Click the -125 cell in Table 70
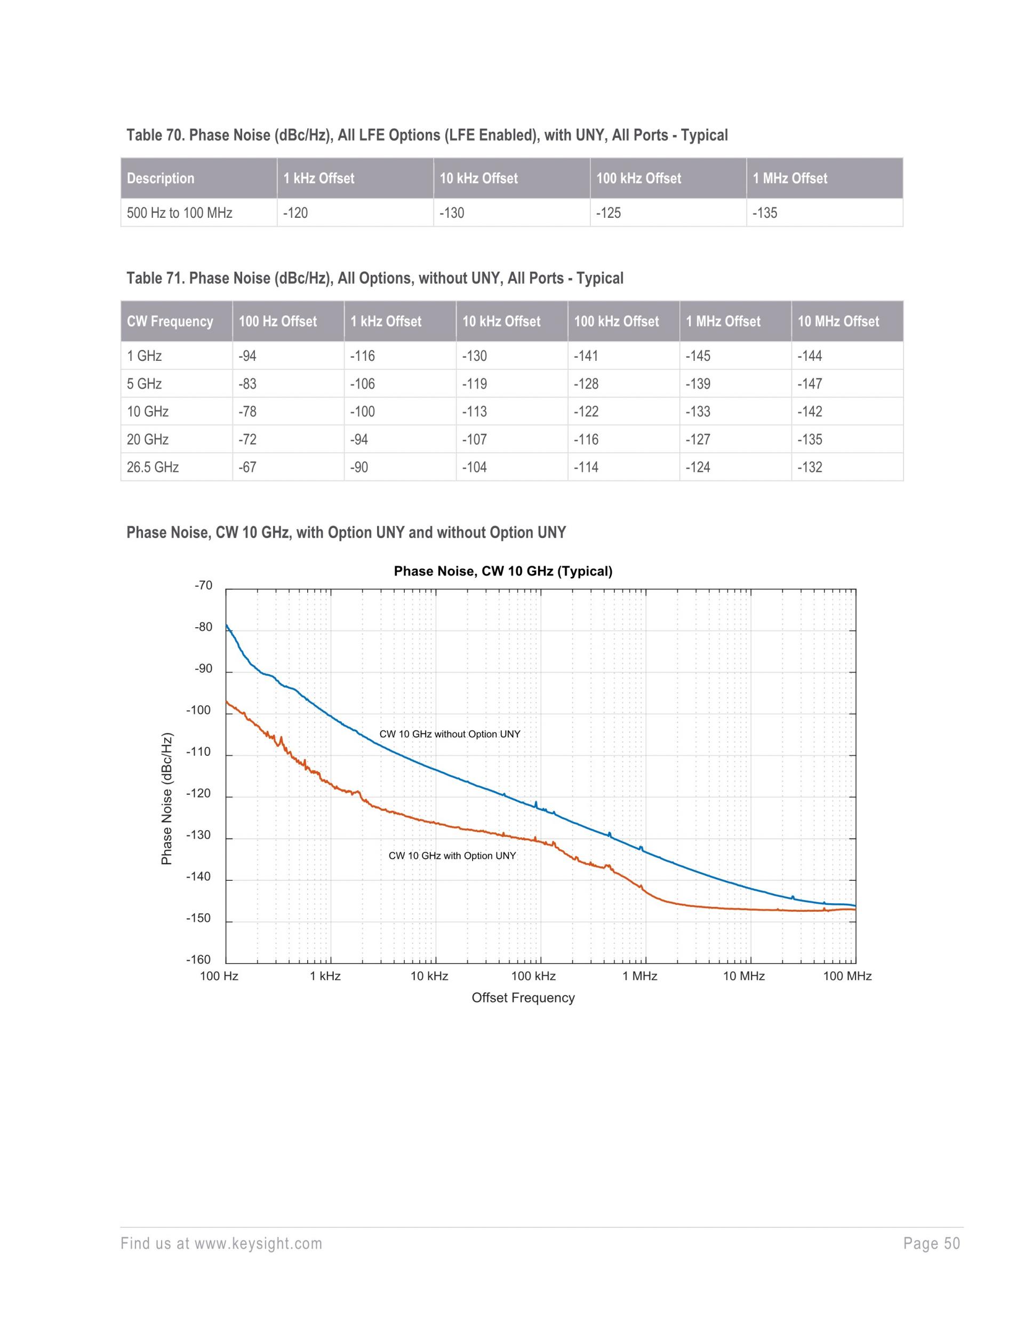click(609, 213)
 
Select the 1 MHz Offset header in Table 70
click(790, 178)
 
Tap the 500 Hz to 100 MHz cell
click(180, 213)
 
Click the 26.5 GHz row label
click(153, 468)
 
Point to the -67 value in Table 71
click(247, 468)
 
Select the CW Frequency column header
click(170, 321)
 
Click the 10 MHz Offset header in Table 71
click(838, 321)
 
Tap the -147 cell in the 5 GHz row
click(810, 384)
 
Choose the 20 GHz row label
click(148, 439)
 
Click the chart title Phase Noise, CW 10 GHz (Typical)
click(503, 571)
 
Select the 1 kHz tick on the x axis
click(325, 976)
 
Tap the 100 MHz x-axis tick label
click(847, 976)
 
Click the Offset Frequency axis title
click(523, 998)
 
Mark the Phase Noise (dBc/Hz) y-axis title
click(167, 800)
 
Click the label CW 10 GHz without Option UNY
click(450, 734)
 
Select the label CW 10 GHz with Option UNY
click(452, 856)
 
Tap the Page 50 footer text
click(931, 1244)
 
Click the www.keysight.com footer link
click(259, 1244)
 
